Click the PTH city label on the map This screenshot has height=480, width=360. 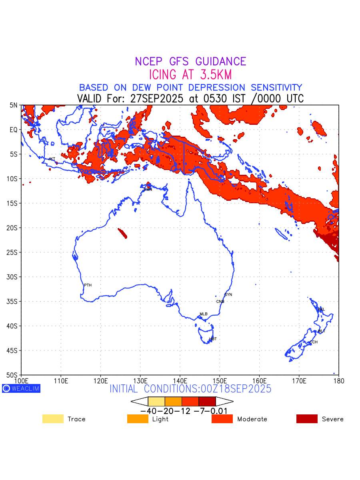88,285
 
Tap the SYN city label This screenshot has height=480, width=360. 228,295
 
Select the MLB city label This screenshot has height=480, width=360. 204,314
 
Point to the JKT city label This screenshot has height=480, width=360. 52,159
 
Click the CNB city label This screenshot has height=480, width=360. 220,301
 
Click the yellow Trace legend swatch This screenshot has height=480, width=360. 53,419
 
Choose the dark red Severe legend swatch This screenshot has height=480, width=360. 307,419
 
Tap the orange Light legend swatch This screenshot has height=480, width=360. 138,419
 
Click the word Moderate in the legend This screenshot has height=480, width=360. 252,419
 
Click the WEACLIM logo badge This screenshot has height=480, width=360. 21,388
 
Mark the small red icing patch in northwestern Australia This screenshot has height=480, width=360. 123,233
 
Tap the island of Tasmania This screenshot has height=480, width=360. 206,334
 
